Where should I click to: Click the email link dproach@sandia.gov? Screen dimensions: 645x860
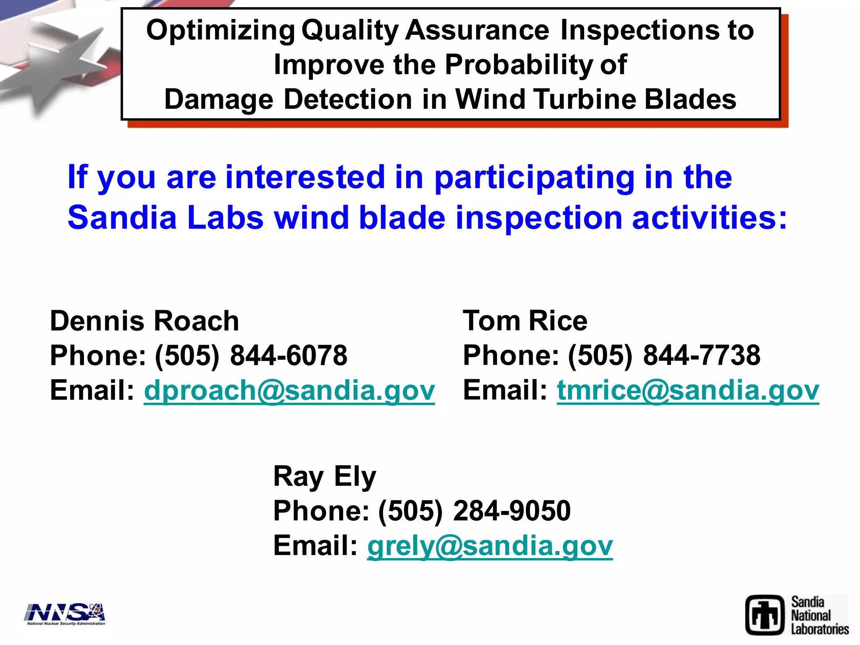tap(289, 391)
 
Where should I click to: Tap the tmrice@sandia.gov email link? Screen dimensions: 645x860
tap(688, 391)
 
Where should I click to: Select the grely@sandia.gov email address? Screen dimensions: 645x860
tap(490, 546)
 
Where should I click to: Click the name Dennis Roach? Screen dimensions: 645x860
tap(144, 321)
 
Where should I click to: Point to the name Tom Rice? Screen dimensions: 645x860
tap(525, 321)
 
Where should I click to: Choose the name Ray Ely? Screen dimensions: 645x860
tap(325, 477)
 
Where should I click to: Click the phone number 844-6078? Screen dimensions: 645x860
tap(288, 356)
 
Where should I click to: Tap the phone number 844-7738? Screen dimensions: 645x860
tap(702, 356)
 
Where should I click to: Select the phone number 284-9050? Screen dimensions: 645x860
tap(512, 511)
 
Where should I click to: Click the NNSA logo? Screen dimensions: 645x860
tap(65, 614)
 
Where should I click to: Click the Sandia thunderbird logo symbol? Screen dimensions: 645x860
tap(765, 615)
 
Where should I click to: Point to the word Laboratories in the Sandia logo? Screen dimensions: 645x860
tap(820, 629)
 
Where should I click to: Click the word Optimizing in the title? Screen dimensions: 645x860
tap(220, 31)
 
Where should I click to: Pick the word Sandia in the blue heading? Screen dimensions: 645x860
tap(122, 218)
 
